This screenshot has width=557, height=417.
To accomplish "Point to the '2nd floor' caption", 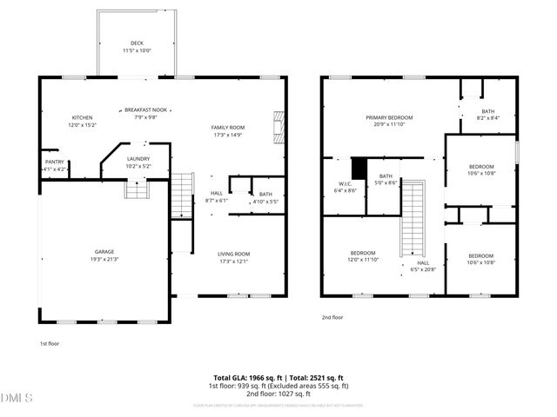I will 332,317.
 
